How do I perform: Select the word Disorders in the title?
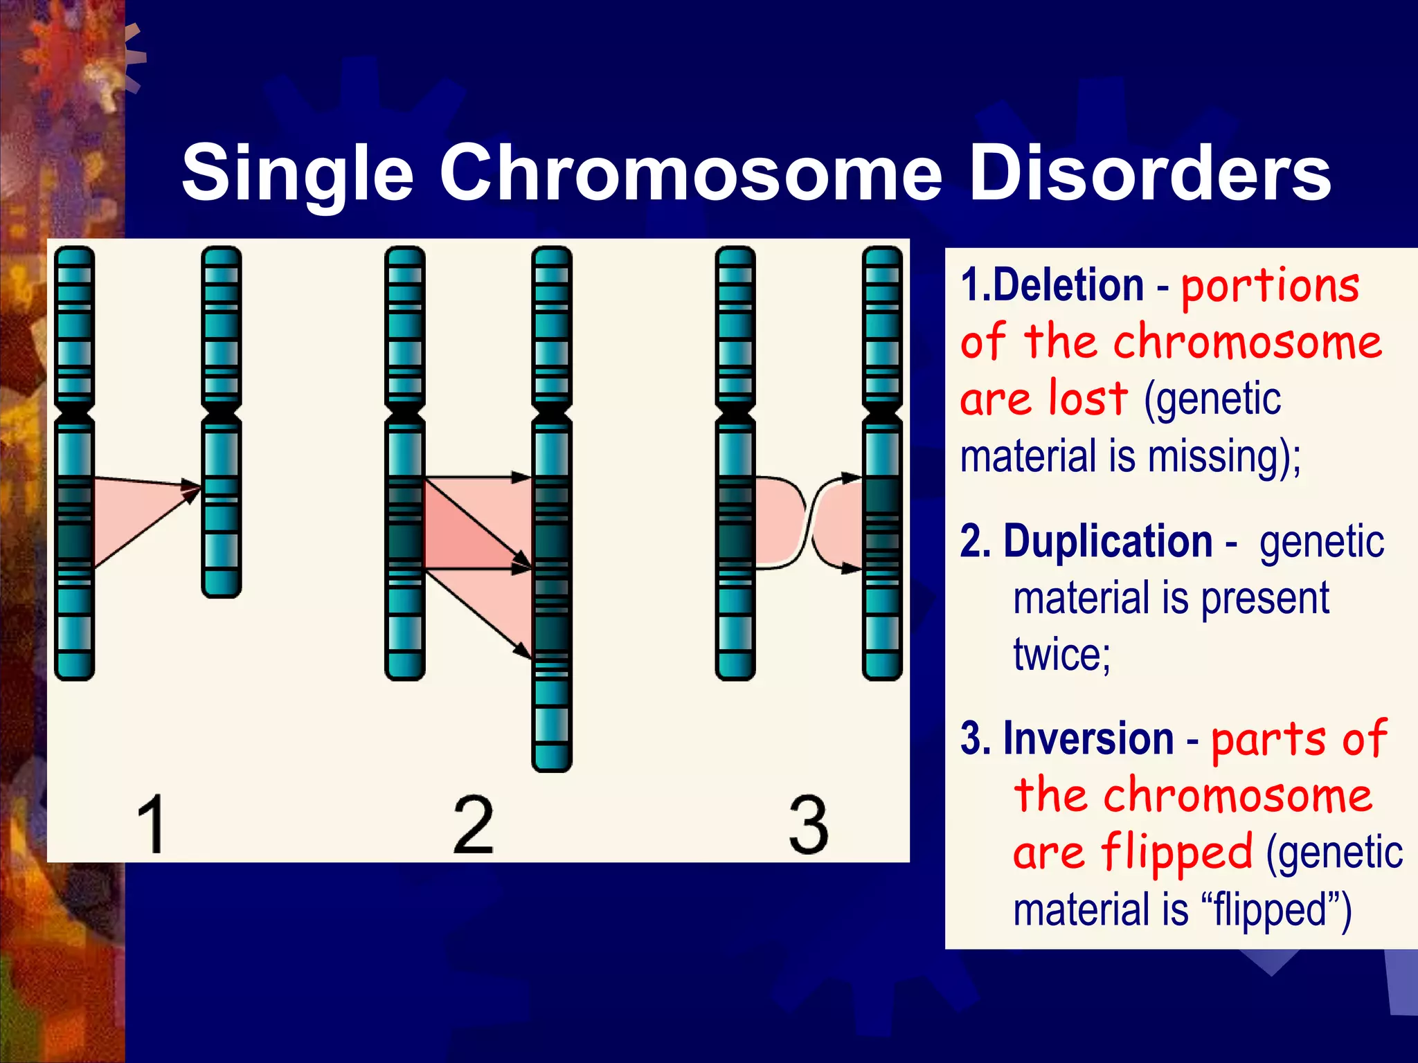(x=1150, y=173)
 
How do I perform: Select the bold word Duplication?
(x=1108, y=541)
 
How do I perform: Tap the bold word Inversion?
(x=1088, y=738)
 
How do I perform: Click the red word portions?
(x=1270, y=287)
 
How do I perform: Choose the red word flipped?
(x=1177, y=853)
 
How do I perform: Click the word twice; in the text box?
(x=1061, y=654)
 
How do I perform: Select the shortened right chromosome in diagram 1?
(x=222, y=422)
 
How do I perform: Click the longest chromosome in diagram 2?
(x=552, y=509)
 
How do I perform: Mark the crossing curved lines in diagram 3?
(x=808, y=523)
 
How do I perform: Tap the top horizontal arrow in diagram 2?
(x=478, y=478)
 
